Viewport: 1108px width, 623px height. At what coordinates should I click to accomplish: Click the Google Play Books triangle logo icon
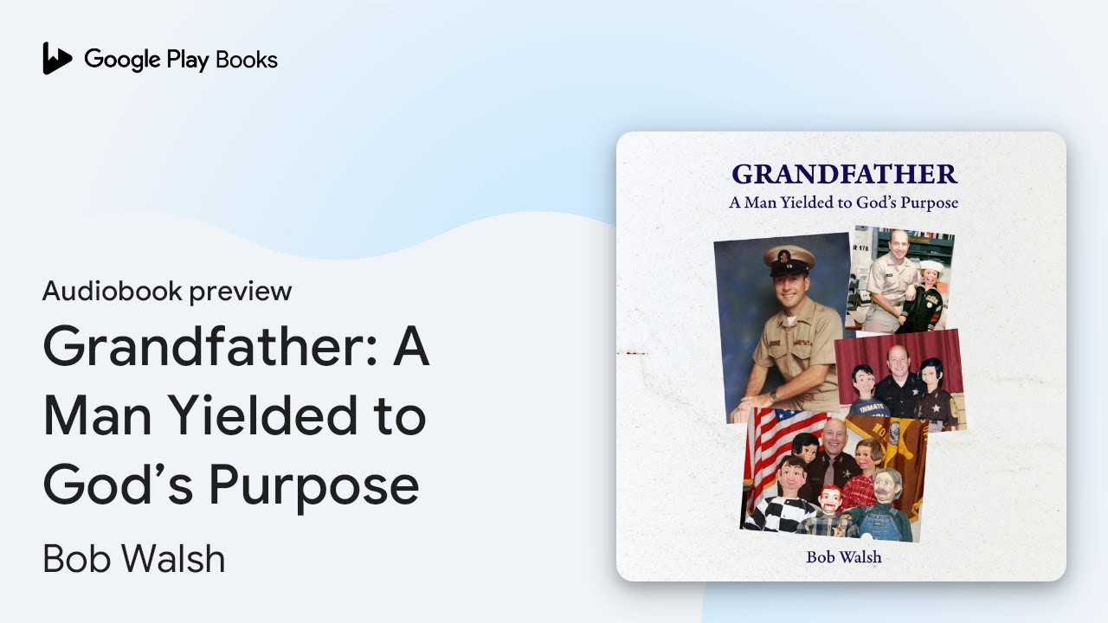[x=57, y=59]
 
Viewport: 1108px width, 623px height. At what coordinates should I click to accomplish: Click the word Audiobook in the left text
[x=112, y=292]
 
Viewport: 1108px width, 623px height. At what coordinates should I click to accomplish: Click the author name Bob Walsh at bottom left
[x=133, y=559]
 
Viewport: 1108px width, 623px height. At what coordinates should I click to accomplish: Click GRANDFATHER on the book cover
[x=844, y=174]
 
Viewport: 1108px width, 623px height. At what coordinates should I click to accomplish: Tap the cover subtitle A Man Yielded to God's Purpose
[x=843, y=203]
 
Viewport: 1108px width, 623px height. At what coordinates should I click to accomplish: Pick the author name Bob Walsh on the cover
[x=843, y=557]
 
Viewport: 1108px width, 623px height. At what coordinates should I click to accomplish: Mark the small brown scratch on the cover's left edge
[x=638, y=352]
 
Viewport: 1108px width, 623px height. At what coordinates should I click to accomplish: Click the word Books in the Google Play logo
[x=247, y=60]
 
